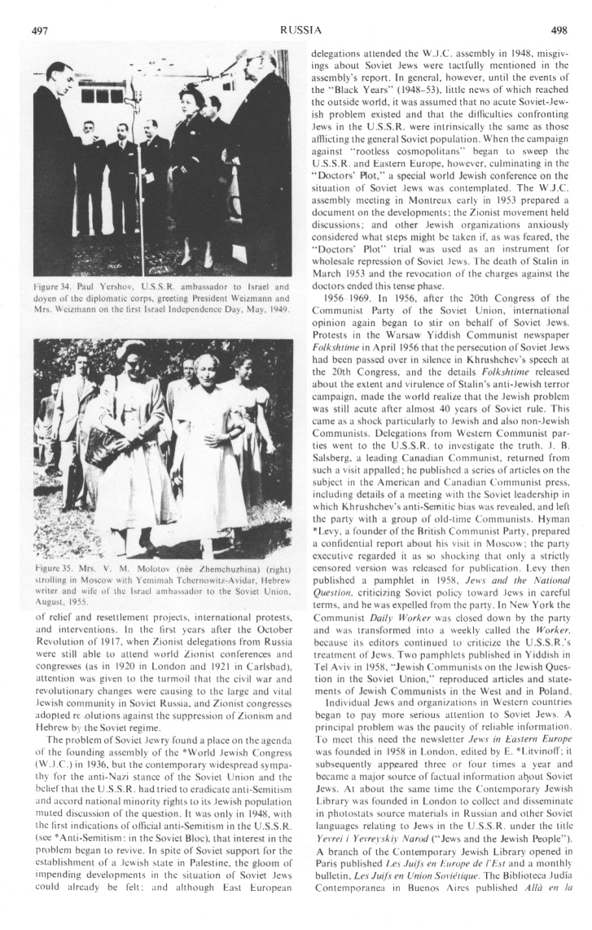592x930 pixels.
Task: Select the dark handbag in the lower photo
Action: click(103, 444)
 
